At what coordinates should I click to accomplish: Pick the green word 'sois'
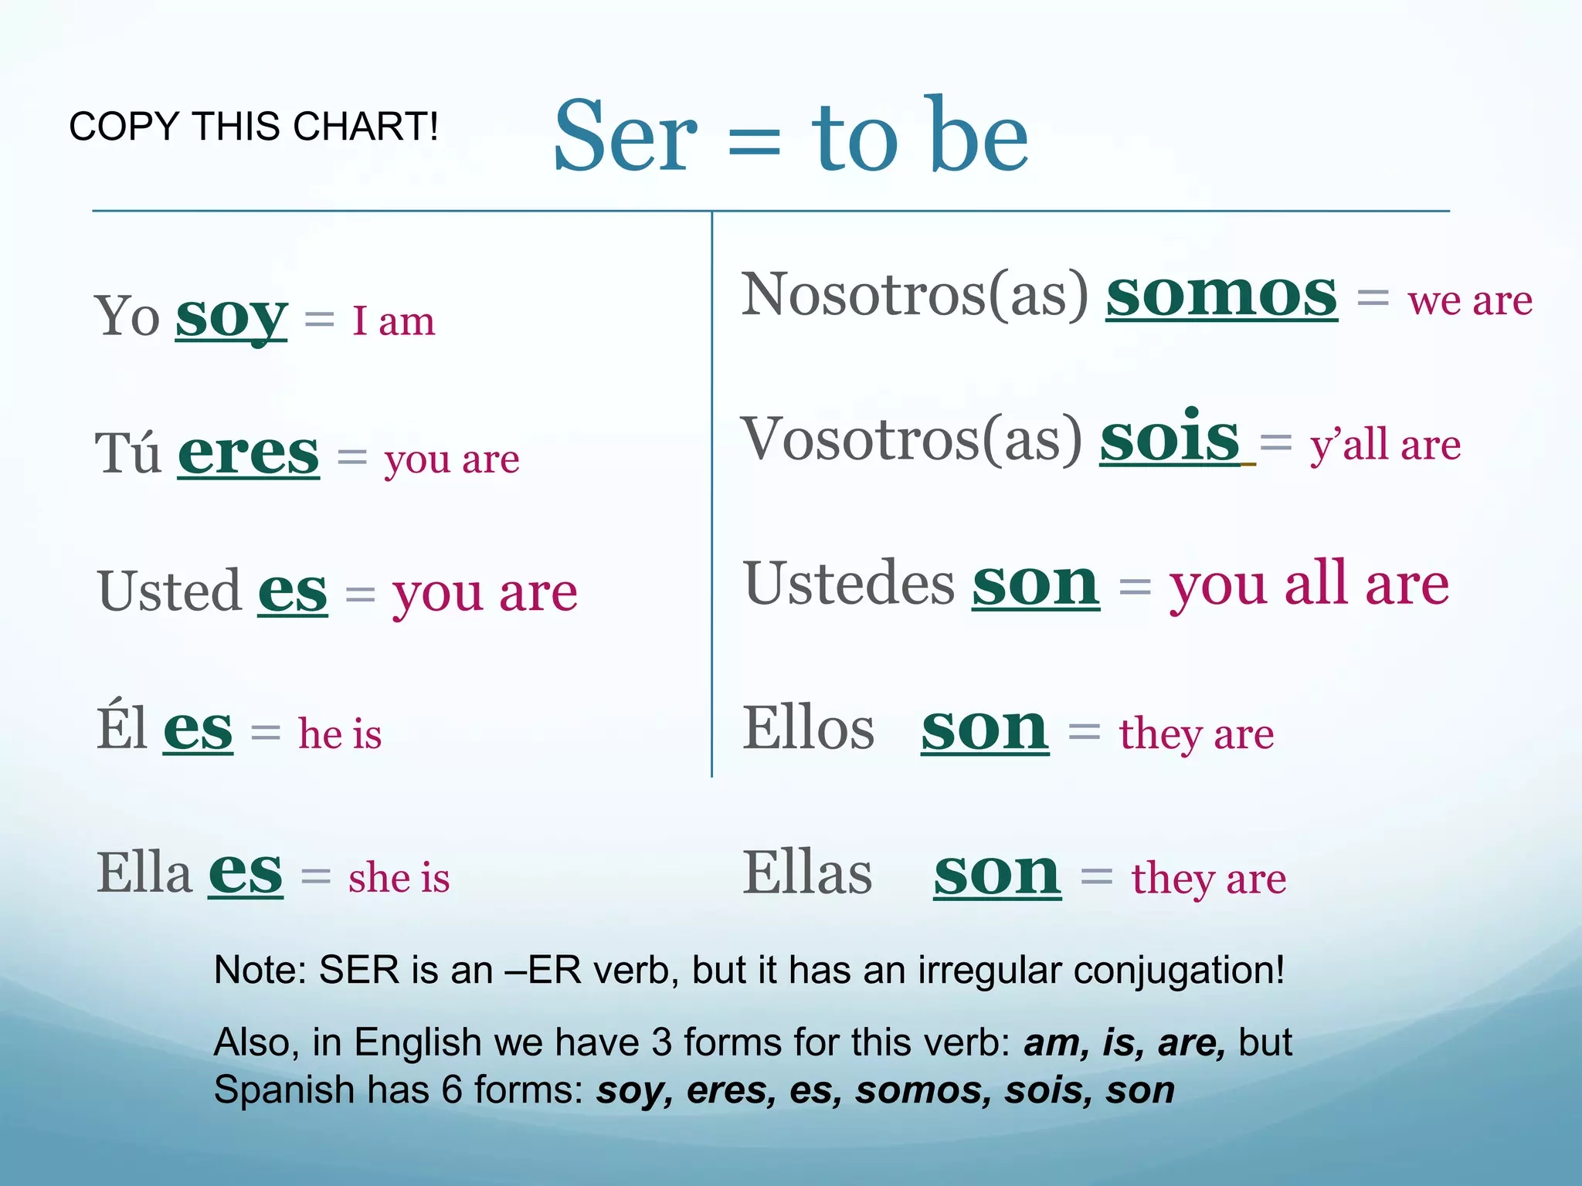click(x=1170, y=438)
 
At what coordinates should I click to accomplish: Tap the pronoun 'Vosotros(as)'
click(x=912, y=439)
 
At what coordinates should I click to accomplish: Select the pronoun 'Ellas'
click(x=807, y=873)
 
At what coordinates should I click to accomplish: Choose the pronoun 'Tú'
click(x=128, y=453)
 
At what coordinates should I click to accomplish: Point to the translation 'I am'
click(x=393, y=321)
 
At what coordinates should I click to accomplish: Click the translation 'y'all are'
click(x=1385, y=446)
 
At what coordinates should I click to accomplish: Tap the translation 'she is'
click(x=399, y=878)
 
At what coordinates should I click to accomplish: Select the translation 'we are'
click(x=1469, y=300)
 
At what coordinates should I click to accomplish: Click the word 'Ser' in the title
click(x=625, y=137)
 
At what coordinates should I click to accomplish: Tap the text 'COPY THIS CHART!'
click(x=253, y=127)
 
